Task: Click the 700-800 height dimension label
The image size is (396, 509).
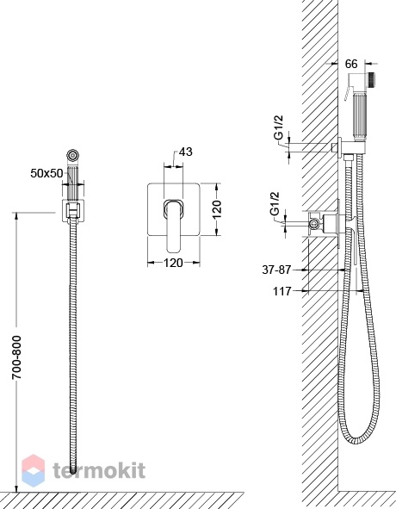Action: pos(16,357)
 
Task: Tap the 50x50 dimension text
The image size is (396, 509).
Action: pos(46,173)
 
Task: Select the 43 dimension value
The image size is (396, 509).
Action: pos(186,152)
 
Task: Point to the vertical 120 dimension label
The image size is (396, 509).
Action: pos(217,208)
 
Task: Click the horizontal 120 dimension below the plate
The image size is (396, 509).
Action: pos(173,263)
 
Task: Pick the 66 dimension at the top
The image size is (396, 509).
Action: pos(351,64)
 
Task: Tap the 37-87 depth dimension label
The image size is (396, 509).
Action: pos(276,270)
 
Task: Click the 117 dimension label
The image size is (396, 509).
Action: pos(282,291)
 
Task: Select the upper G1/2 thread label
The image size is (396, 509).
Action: pos(279,127)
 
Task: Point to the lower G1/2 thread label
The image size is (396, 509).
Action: pos(275,204)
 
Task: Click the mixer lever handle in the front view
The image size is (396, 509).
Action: pos(174,226)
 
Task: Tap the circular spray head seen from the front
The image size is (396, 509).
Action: pos(72,155)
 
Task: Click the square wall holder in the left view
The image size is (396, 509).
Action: pos(73,211)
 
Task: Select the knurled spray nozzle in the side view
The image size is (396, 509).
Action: pos(372,80)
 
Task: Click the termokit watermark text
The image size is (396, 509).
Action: pos(99,470)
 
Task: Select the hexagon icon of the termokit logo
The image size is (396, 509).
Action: pos(33,471)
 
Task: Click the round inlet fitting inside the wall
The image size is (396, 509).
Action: pos(313,223)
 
